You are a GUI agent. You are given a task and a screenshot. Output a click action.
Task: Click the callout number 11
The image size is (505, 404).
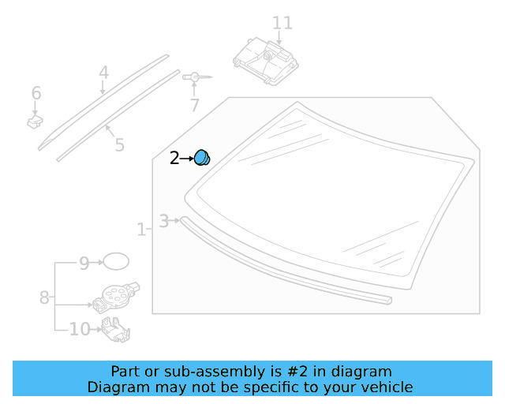click(282, 22)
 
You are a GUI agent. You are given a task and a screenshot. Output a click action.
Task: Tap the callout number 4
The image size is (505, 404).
click(103, 73)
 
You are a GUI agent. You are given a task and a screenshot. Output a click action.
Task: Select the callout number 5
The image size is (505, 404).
click(119, 145)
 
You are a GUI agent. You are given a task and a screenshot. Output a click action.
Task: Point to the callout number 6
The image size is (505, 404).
click(36, 94)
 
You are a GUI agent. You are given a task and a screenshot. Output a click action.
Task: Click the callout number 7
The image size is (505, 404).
click(194, 105)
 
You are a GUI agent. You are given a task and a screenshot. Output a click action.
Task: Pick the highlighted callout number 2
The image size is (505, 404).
click(175, 159)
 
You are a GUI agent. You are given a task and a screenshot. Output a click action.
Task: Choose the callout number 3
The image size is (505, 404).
click(164, 221)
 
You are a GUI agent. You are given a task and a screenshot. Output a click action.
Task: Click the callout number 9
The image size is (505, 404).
click(84, 264)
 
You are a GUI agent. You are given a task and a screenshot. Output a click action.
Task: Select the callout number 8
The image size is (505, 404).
click(45, 297)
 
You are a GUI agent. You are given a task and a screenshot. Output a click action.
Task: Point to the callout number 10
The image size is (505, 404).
click(80, 329)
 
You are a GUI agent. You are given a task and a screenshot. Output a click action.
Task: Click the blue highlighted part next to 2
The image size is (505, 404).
click(203, 158)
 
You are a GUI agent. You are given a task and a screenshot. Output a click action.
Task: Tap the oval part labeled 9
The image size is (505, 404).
click(117, 263)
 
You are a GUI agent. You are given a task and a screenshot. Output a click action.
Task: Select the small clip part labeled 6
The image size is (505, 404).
click(35, 122)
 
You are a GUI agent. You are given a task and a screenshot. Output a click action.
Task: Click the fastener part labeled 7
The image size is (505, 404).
click(194, 77)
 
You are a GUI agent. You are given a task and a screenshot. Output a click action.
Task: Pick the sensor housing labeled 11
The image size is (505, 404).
click(267, 62)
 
